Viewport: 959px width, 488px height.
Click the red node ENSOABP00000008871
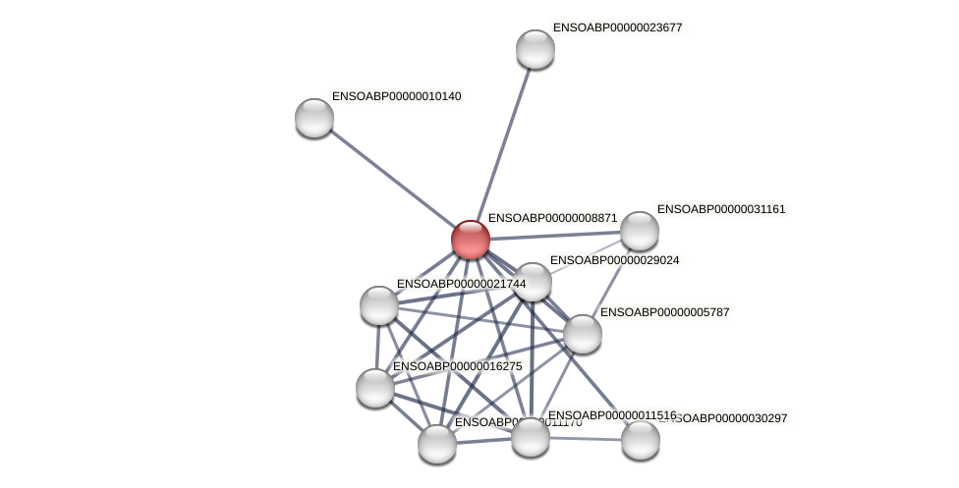coord(471,240)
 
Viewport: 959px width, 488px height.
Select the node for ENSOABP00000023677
coord(536,49)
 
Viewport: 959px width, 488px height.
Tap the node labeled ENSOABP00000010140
coord(314,118)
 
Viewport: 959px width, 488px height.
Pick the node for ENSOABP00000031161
coord(640,231)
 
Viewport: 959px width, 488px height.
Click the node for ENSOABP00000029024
coord(533,282)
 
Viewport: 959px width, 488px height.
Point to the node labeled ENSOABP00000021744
coord(379,305)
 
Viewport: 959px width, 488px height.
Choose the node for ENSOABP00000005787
coord(583,334)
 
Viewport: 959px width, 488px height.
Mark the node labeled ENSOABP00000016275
coord(375,388)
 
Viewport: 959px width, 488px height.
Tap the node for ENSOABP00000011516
coord(531,437)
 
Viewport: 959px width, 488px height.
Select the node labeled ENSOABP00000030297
coord(641,440)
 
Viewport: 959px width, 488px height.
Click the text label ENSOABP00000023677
coord(617,27)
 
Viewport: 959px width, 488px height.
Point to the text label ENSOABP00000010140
coord(396,96)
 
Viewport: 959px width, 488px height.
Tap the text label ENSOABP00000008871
coord(552,218)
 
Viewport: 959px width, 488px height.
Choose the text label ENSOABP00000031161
coord(721,209)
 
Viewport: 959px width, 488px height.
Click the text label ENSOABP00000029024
coord(614,260)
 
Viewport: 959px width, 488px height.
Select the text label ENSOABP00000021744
coord(461,284)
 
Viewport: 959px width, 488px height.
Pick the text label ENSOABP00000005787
coord(664,312)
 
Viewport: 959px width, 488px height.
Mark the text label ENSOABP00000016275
coord(457,366)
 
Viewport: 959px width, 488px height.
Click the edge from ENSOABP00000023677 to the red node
coord(504,141)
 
